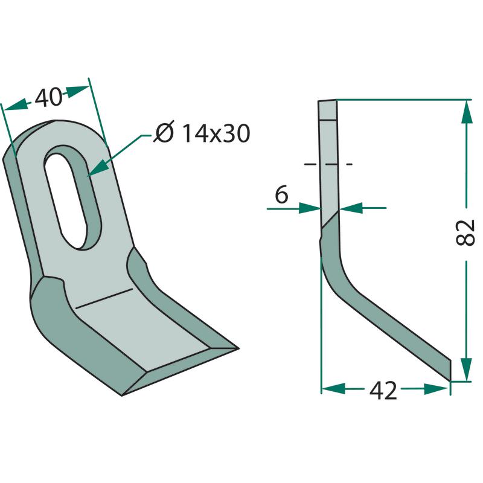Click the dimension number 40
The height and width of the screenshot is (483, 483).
[48, 97]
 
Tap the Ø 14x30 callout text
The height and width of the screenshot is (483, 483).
[202, 133]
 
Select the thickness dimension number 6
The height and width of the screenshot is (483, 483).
[281, 194]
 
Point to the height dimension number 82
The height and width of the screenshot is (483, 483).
[465, 233]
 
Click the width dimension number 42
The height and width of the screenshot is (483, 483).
[383, 390]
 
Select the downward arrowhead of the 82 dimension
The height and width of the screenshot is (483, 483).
[467, 369]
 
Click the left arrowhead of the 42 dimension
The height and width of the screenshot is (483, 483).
[333, 389]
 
